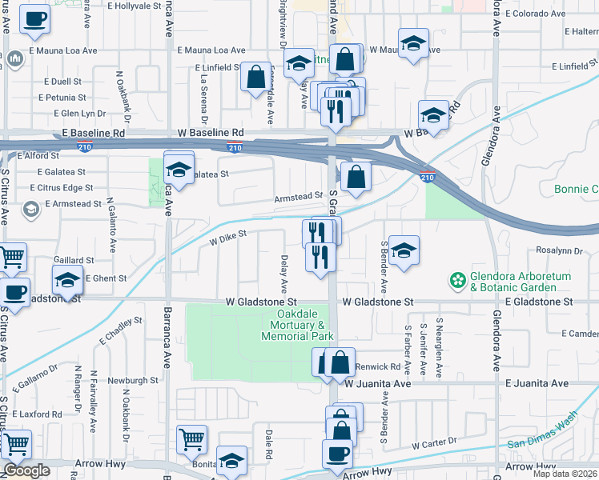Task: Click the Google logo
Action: point(26,470)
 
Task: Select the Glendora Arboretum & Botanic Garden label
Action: point(513,282)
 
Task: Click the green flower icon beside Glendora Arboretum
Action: point(457,281)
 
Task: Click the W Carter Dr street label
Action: point(434,442)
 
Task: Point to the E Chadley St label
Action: point(121,330)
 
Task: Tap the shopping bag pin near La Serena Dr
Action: point(255,78)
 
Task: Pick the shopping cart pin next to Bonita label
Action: point(191,438)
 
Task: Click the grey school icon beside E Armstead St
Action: point(31,210)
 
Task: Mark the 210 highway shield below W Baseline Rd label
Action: point(235,147)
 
